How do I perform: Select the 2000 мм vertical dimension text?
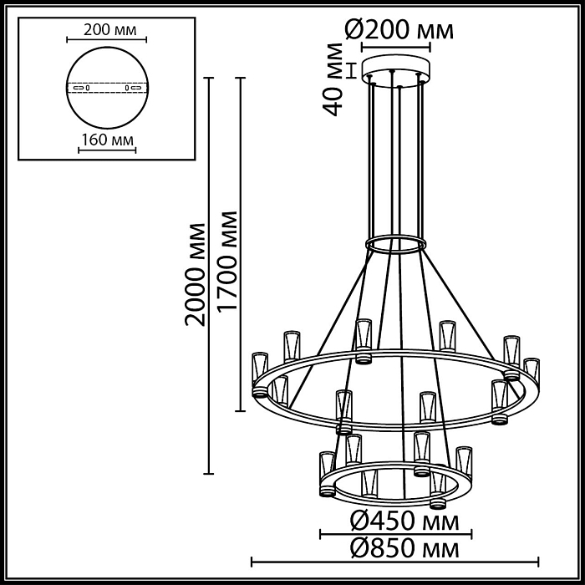196,274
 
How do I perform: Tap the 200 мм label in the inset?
106,29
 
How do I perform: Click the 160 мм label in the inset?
106,140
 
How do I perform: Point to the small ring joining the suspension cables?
396,244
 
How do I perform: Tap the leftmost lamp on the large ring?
261,373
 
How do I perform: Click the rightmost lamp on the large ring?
532,372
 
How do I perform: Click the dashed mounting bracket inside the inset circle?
106,87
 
